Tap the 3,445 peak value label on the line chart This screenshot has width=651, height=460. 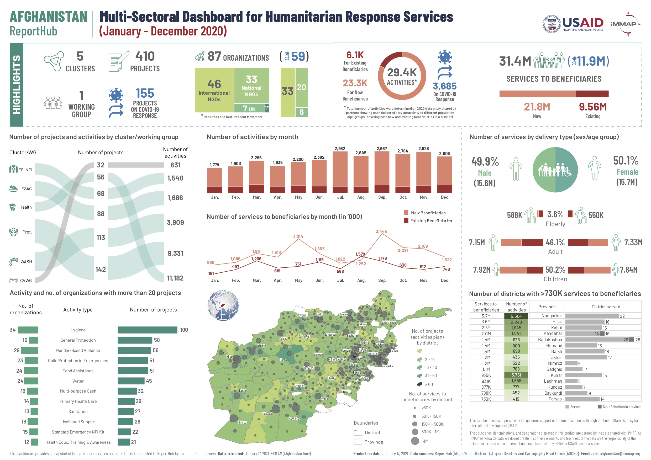coord(381,231)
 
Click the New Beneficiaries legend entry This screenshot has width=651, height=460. coord(428,213)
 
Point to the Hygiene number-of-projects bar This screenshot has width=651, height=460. coord(147,330)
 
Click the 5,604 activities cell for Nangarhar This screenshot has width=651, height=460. coord(516,316)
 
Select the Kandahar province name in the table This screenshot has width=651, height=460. coord(552,333)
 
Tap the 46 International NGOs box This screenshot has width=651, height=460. coord(214,90)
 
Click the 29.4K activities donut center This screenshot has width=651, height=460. coord(402,76)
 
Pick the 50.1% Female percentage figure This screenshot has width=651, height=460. coord(626,161)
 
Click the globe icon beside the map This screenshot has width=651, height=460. coord(223,305)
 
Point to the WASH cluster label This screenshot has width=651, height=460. coord(26,262)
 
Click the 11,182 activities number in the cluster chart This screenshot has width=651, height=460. coord(175,278)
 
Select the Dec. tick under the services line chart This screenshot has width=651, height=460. coord(445,280)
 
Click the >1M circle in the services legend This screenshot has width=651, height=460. coord(415,441)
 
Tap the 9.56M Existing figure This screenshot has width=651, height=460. coord(592,107)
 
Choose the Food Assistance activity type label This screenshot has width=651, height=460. coord(78,371)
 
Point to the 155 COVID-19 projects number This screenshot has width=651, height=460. coord(145,93)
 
